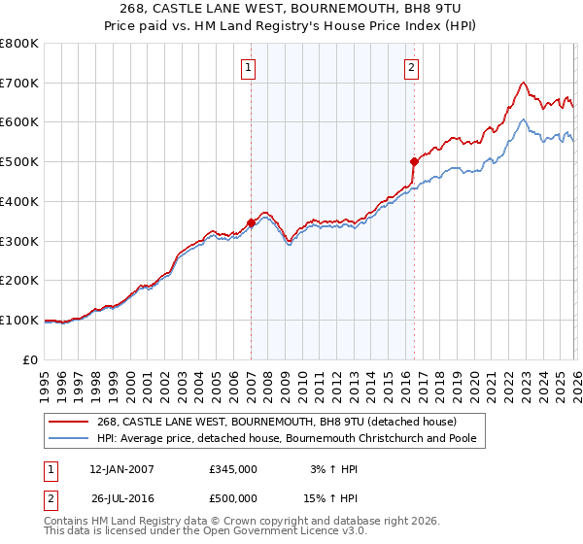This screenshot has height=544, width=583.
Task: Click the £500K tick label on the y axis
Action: coord(19,162)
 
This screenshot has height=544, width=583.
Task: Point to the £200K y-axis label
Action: coord(19,281)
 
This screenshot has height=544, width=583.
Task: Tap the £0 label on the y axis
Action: coord(30,359)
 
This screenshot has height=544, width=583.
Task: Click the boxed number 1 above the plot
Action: coord(250,68)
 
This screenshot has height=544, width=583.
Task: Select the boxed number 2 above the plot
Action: coord(412,68)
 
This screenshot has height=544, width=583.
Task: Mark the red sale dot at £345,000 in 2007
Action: coord(252,222)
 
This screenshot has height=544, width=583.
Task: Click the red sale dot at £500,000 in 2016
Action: coord(414,161)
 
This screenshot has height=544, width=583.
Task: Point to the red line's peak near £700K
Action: coord(524,83)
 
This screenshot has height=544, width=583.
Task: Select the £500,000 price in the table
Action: coord(233,498)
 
